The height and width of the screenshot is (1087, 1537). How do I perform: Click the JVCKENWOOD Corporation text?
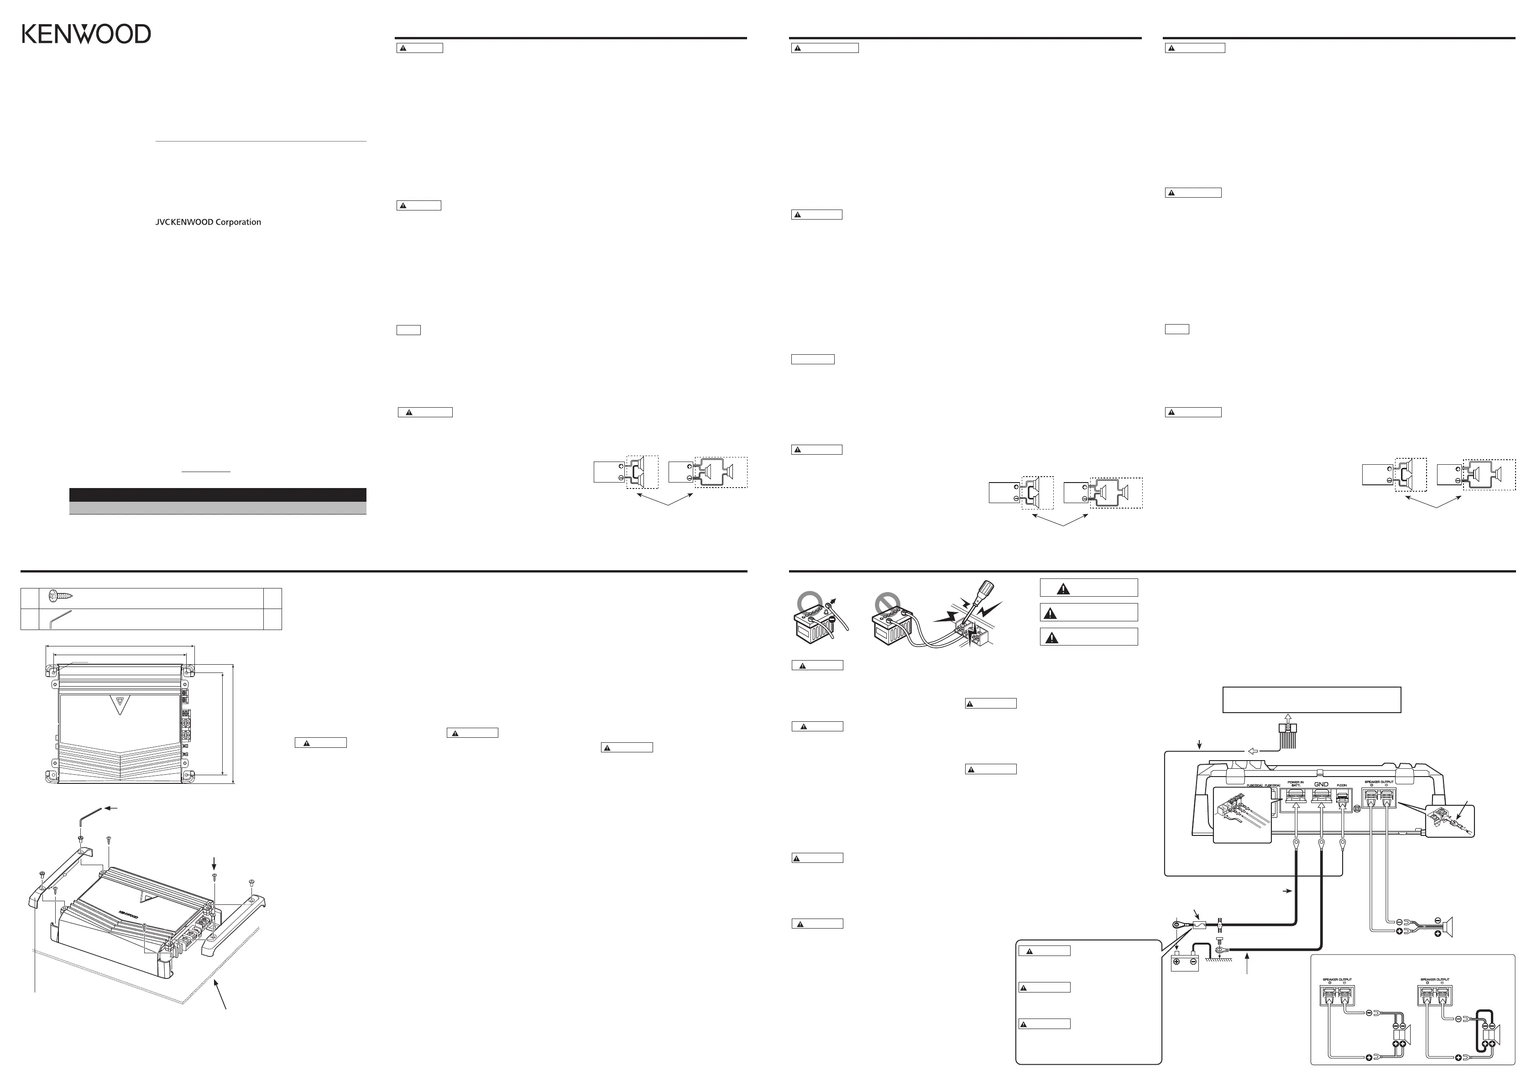point(208,222)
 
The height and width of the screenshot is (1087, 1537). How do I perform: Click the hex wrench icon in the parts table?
point(61,620)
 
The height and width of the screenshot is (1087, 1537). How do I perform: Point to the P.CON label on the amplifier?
point(1342,785)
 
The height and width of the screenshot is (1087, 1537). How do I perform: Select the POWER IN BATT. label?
point(1295,783)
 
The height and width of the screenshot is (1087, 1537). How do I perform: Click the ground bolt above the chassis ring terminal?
point(1219,940)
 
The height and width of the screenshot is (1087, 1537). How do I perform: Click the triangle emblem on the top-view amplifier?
point(120,704)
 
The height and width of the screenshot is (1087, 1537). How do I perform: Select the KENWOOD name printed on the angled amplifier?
point(129,914)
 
